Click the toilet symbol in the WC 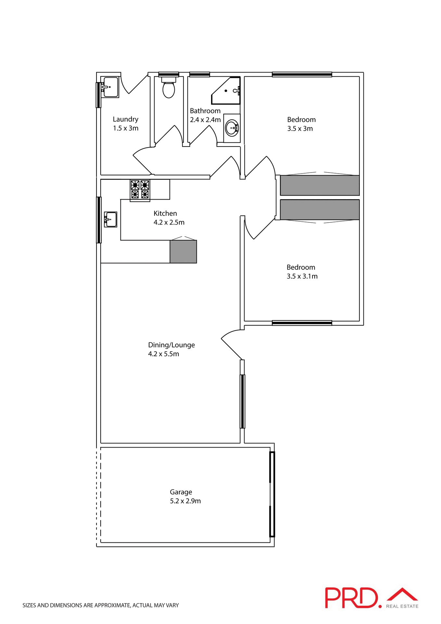[x=169, y=88]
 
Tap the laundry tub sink [x=110, y=87]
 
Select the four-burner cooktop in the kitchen [x=140, y=190]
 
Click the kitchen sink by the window [x=110, y=219]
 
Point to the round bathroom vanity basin [x=232, y=128]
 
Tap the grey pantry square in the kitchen [x=183, y=252]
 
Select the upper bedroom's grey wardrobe [x=320, y=185]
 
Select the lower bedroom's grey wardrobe [x=320, y=210]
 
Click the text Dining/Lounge [x=171, y=345]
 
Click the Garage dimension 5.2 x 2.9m [x=185, y=501]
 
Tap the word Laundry [x=125, y=119]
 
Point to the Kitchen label [x=165, y=214]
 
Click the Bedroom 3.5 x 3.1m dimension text [x=302, y=276]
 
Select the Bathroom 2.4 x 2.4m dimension [x=205, y=120]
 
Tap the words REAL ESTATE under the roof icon [x=402, y=606]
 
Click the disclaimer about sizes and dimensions [x=101, y=605]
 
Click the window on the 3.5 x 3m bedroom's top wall [x=302, y=74]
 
